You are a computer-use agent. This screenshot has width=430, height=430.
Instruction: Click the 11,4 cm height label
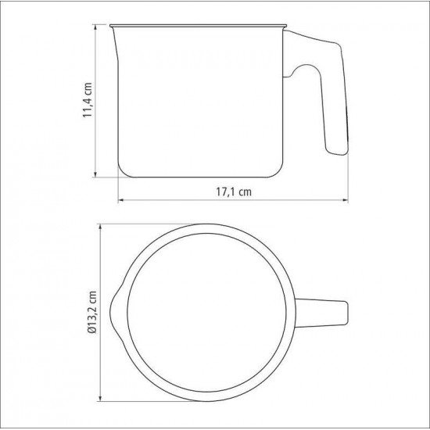(x=88, y=100)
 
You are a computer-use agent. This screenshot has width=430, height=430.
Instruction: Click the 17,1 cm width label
(x=234, y=192)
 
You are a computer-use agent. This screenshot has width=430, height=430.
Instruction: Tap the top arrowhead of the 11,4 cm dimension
(x=95, y=27)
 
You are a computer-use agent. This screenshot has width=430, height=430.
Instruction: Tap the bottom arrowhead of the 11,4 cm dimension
(x=95, y=174)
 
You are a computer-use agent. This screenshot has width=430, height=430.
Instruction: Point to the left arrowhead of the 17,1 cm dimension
(x=121, y=200)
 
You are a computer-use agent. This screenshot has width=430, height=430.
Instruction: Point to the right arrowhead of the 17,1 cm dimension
(x=346, y=200)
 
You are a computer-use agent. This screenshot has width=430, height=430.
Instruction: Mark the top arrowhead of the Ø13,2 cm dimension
(x=100, y=227)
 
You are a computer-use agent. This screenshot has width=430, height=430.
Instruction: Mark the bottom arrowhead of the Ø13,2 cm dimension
(x=100, y=399)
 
